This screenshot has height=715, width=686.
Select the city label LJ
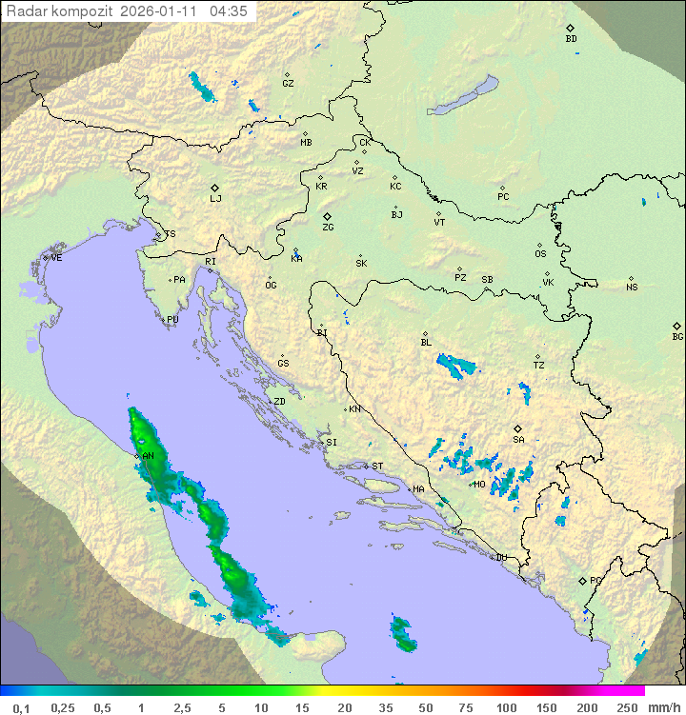(x=215, y=199)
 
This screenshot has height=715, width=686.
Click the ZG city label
(x=328, y=228)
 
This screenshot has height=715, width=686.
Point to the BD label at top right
(x=571, y=39)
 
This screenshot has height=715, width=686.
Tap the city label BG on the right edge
(x=677, y=336)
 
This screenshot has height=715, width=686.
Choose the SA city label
(x=518, y=439)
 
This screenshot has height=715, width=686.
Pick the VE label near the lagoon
(x=56, y=258)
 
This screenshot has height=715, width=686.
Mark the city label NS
(x=632, y=288)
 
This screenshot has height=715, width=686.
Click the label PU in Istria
(x=172, y=320)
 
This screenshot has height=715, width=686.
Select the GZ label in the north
(x=288, y=84)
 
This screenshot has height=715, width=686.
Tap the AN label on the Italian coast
(x=148, y=456)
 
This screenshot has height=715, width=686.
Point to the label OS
(x=540, y=254)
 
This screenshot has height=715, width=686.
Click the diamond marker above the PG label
(x=582, y=580)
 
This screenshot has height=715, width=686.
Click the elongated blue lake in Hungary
(x=461, y=97)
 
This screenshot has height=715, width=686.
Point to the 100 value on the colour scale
(x=506, y=707)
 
